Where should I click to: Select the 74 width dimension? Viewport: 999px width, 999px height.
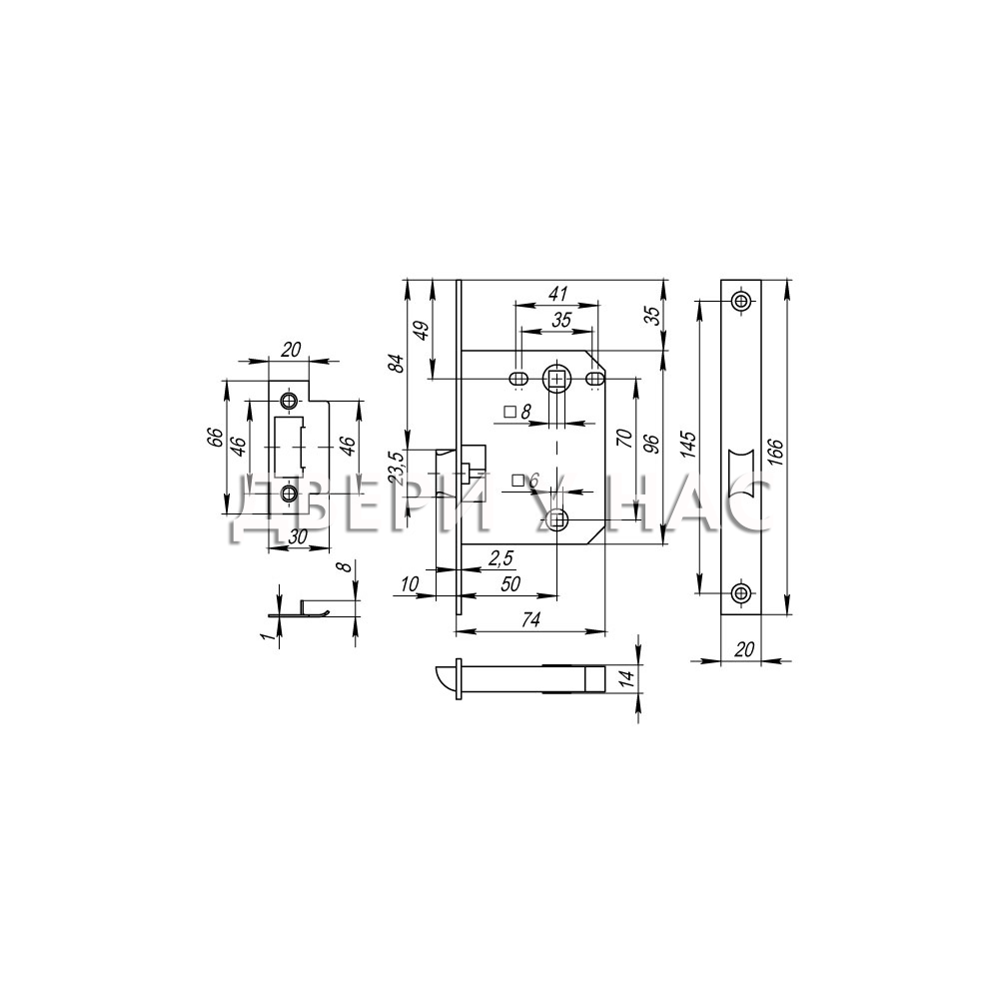[530, 618]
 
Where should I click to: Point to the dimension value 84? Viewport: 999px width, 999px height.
[397, 364]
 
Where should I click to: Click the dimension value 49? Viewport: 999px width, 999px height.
[422, 330]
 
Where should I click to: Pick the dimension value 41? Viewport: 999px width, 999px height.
[557, 294]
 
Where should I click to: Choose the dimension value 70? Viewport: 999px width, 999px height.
[624, 439]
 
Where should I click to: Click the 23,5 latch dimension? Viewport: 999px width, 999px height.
[397, 469]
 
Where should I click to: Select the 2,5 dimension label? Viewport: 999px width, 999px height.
[500, 558]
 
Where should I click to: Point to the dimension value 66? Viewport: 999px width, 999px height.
[216, 438]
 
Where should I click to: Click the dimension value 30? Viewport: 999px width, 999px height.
[298, 537]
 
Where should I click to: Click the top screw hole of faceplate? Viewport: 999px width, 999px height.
[739, 301]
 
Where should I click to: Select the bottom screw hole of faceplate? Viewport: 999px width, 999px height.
[739, 593]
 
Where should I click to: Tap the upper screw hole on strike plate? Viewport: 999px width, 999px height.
[289, 401]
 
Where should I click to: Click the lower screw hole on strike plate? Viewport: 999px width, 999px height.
[289, 493]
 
